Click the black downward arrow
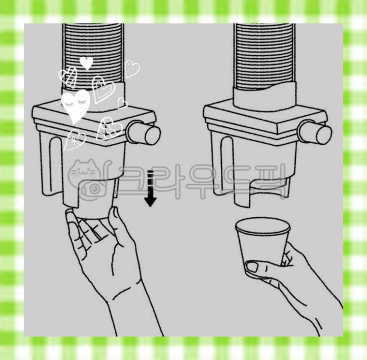click(150, 189)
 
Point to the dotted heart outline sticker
click(132, 69)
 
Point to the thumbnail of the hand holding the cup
click(251, 267)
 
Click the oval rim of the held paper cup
click(263, 226)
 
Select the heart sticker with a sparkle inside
click(74, 140)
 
